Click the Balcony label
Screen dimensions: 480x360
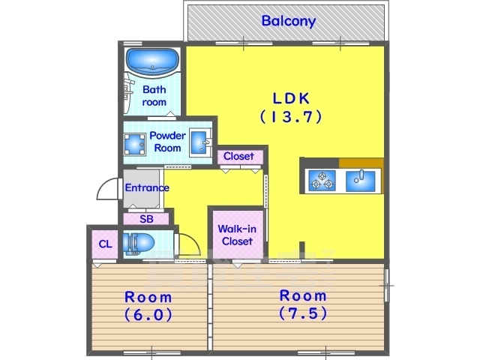288,21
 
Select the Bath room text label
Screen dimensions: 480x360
154,95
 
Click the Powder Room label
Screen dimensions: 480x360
167,142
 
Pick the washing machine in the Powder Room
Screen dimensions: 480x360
135,144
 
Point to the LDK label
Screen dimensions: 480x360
291,98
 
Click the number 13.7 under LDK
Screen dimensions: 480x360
291,117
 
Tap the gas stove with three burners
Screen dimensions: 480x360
322,181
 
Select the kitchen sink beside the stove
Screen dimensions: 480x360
361,181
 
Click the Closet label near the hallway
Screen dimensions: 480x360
238,156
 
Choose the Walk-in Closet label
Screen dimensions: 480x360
237,235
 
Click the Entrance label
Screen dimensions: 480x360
147,187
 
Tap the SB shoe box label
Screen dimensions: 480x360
146,219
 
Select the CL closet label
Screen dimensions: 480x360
105,244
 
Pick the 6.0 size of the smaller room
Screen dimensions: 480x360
148,315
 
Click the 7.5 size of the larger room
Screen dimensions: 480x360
303,313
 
